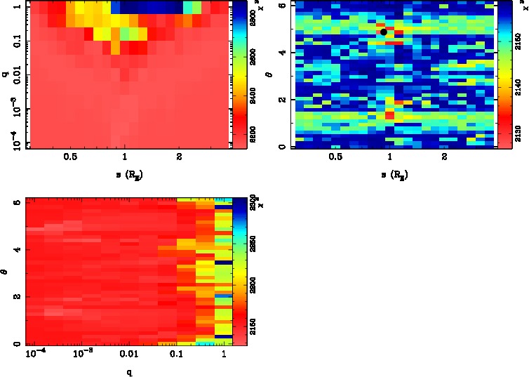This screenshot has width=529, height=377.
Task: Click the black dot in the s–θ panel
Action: point(384,32)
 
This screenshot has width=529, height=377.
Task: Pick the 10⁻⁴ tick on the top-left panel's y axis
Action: point(13,143)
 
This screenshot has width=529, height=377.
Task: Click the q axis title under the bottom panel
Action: point(128,372)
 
